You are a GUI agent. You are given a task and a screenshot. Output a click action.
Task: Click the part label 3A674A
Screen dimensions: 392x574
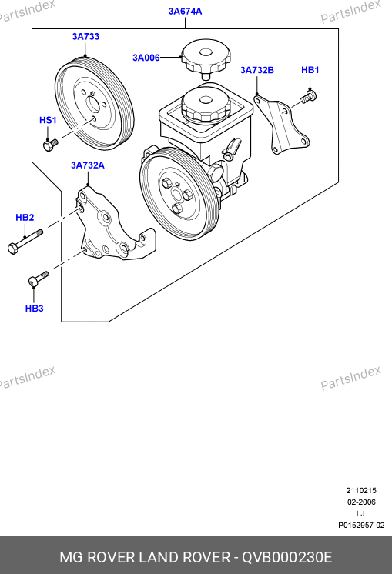click(185, 12)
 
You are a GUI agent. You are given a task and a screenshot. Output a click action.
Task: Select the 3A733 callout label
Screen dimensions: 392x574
click(85, 37)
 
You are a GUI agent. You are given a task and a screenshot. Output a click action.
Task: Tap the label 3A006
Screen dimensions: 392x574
click(146, 58)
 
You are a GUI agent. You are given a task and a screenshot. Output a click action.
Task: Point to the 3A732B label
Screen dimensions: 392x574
click(256, 70)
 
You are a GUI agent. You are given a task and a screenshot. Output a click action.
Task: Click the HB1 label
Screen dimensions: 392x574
click(310, 70)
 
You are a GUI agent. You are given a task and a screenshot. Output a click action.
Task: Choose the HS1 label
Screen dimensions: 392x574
click(48, 120)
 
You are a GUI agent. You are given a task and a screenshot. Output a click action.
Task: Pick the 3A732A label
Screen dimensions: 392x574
click(88, 165)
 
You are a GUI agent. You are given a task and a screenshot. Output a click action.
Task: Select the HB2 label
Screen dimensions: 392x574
click(25, 218)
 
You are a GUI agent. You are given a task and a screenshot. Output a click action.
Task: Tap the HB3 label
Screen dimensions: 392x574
click(34, 309)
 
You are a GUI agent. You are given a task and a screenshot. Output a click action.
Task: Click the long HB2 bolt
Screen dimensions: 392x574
click(25, 242)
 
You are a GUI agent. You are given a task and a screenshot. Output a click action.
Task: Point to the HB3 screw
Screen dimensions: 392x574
click(38, 279)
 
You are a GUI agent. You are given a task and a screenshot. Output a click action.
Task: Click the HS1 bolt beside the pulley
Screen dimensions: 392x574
click(50, 145)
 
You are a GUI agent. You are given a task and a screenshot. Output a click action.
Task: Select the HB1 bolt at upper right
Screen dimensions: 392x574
click(309, 97)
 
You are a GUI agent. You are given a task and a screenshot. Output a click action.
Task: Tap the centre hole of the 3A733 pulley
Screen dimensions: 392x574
click(93, 105)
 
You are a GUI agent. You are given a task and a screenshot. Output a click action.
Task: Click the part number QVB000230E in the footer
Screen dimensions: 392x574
click(286, 557)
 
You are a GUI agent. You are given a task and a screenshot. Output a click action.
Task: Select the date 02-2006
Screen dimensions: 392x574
click(361, 502)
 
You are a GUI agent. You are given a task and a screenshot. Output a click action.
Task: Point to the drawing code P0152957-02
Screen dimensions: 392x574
click(361, 526)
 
